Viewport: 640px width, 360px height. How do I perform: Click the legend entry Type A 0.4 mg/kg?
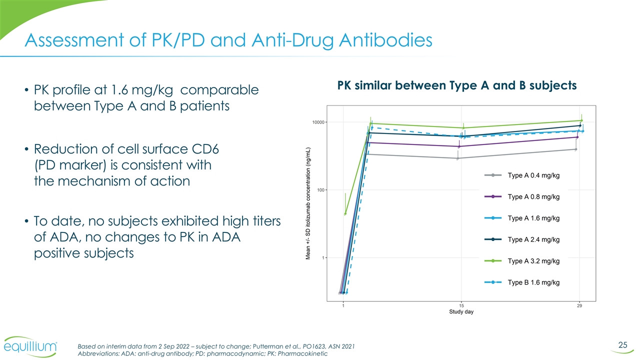(533, 175)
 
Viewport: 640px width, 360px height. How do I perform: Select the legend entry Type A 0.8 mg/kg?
(533, 196)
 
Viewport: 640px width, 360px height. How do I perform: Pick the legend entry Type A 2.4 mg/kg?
(533, 239)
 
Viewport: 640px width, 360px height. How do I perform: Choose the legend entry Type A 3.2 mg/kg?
(533, 261)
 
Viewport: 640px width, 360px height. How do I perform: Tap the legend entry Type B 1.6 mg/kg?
(533, 282)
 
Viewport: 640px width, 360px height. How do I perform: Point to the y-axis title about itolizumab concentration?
(308, 203)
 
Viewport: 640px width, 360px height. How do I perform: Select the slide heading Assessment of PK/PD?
(228, 39)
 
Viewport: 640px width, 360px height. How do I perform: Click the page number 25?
(622, 344)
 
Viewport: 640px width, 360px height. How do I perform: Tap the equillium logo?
(31, 347)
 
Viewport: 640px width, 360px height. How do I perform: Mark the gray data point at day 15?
(457, 158)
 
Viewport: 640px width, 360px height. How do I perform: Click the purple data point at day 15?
(459, 146)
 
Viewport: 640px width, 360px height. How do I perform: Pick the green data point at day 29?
(581, 120)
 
